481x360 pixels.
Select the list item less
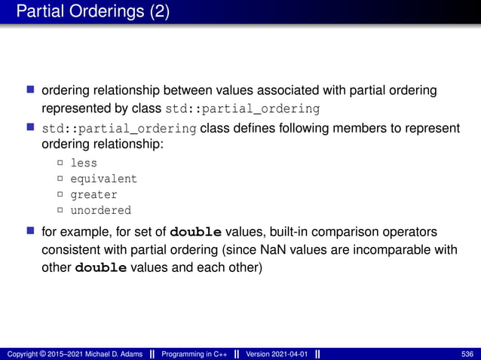pos(84,163)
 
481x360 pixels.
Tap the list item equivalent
pos(103,178)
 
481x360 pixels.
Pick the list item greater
pos(93,194)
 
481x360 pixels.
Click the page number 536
pos(467,354)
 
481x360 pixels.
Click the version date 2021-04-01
pos(289,354)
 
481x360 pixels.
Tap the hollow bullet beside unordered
pos(60,211)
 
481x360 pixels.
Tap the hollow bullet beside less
pos(60,163)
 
